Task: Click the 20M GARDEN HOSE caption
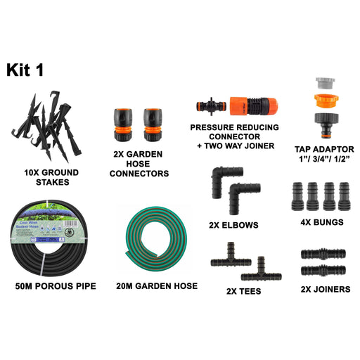pyautogui.click(x=157, y=286)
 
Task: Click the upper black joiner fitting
pyautogui.click(x=324, y=253)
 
